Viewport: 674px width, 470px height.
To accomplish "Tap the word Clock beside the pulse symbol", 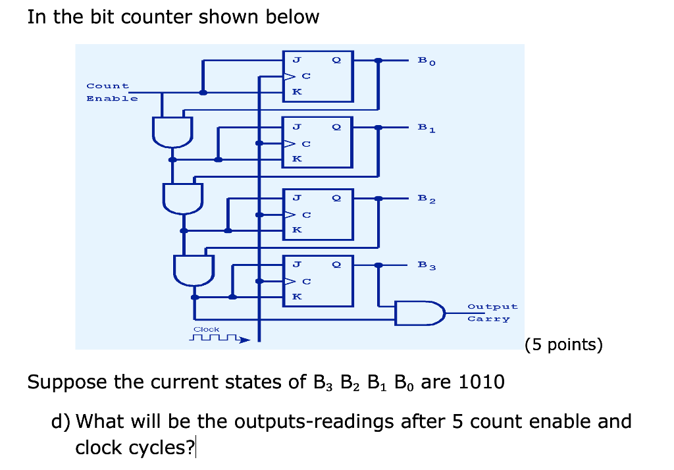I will [206, 329].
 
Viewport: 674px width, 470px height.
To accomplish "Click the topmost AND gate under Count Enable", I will [172, 131].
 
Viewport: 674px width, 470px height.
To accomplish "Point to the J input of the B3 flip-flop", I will [297, 265].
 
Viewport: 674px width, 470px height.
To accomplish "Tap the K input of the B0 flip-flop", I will [297, 92].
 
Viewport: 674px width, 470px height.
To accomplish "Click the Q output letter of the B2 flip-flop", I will [337, 197].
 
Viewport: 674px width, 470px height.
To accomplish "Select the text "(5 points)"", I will [563, 345].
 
